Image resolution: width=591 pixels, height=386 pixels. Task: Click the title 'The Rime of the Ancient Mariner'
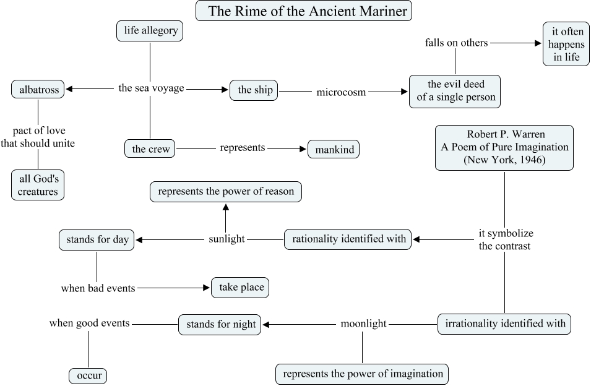[304, 11]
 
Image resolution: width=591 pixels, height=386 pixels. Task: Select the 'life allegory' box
[150, 31]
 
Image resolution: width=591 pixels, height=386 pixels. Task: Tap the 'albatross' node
[38, 90]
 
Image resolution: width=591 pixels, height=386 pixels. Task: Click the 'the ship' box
[254, 90]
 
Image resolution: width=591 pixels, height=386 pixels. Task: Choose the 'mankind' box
[334, 149]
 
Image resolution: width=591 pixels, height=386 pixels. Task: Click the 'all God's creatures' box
[38, 185]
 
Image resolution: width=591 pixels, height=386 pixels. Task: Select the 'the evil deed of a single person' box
[455, 91]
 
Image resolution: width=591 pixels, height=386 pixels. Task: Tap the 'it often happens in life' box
[566, 43]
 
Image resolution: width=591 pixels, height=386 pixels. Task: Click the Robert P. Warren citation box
[504, 147]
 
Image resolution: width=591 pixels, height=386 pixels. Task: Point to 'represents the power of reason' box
[226, 192]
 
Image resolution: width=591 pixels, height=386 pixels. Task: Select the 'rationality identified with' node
[348, 239]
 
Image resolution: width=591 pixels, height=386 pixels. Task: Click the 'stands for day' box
[97, 239]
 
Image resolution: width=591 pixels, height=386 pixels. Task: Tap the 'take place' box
[241, 288]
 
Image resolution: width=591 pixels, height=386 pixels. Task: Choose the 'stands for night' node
[220, 324]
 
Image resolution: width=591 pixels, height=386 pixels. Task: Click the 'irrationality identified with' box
[504, 324]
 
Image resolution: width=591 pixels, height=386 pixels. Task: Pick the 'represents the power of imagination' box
[362, 374]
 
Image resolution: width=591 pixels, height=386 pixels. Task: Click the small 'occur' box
[88, 375]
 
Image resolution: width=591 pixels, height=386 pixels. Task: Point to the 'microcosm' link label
[341, 92]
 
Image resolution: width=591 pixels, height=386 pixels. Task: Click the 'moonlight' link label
[363, 324]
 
